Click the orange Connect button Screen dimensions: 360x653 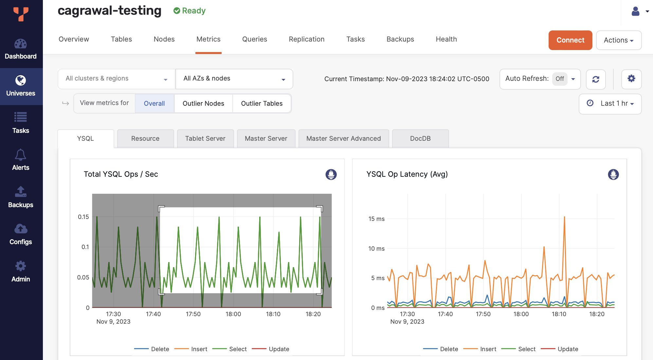[570, 40]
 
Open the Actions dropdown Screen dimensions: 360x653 [618, 40]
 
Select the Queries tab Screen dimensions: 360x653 [254, 39]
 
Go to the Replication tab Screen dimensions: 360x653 [306, 39]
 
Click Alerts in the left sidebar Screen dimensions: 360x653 [21, 160]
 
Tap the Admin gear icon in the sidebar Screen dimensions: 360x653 [21, 266]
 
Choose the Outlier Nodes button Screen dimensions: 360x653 [203, 103]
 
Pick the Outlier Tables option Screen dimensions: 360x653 [262, 103]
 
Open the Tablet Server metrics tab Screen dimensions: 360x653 [205, 138]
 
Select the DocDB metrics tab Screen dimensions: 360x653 [420, 138]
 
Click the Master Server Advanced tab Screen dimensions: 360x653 [343, 138]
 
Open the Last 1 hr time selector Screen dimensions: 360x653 [610, 104]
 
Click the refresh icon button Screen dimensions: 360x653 [596, 79]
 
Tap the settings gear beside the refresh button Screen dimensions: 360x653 [631, 79]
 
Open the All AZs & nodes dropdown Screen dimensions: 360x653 [234, 79]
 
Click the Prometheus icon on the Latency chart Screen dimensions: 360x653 [613, 174]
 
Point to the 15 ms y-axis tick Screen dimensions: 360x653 [376, 219]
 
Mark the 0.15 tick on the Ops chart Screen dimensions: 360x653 [83, 217]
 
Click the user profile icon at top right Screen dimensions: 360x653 [635, 11]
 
